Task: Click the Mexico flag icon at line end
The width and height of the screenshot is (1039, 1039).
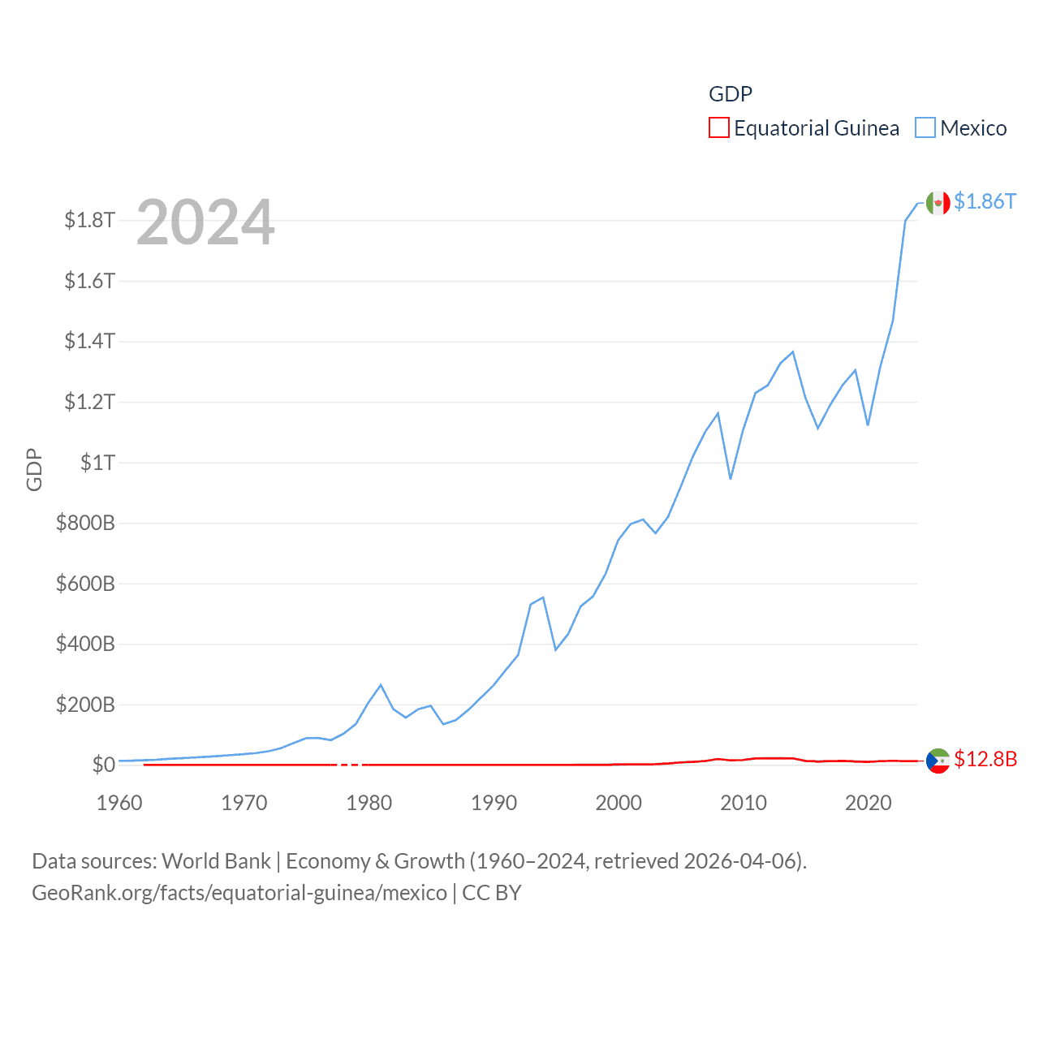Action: (938, 203)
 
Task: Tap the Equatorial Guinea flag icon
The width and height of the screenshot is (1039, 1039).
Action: (938, 761)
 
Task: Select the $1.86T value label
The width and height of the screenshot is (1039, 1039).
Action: (985, 201)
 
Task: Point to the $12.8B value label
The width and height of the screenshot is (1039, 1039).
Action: (985, 759)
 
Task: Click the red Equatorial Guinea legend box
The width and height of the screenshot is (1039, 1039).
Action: (718, 128)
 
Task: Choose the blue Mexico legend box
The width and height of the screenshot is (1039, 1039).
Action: (925, 128)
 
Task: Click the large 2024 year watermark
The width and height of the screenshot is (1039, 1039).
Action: (205, 222)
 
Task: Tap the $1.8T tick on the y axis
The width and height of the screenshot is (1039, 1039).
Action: (89, 220)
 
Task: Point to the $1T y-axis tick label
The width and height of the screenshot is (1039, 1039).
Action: (97, 463)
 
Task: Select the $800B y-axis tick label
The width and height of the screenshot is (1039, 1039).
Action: (85, 523)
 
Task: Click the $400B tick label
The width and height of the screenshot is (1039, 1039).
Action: (85, 645)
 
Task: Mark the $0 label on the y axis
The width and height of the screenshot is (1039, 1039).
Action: (103, 765)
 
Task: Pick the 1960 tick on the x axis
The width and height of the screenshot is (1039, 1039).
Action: (119, 803)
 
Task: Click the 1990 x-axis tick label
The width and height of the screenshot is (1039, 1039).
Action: (494, 803)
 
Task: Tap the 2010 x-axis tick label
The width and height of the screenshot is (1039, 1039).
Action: (744, 803)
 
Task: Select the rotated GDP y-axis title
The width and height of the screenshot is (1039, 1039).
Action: (34, 469)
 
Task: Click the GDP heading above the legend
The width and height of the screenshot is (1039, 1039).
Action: (731, 94)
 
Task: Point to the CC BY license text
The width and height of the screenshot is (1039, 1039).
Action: (492, 893)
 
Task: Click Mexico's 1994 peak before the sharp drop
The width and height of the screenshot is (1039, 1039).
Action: (543, 597)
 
